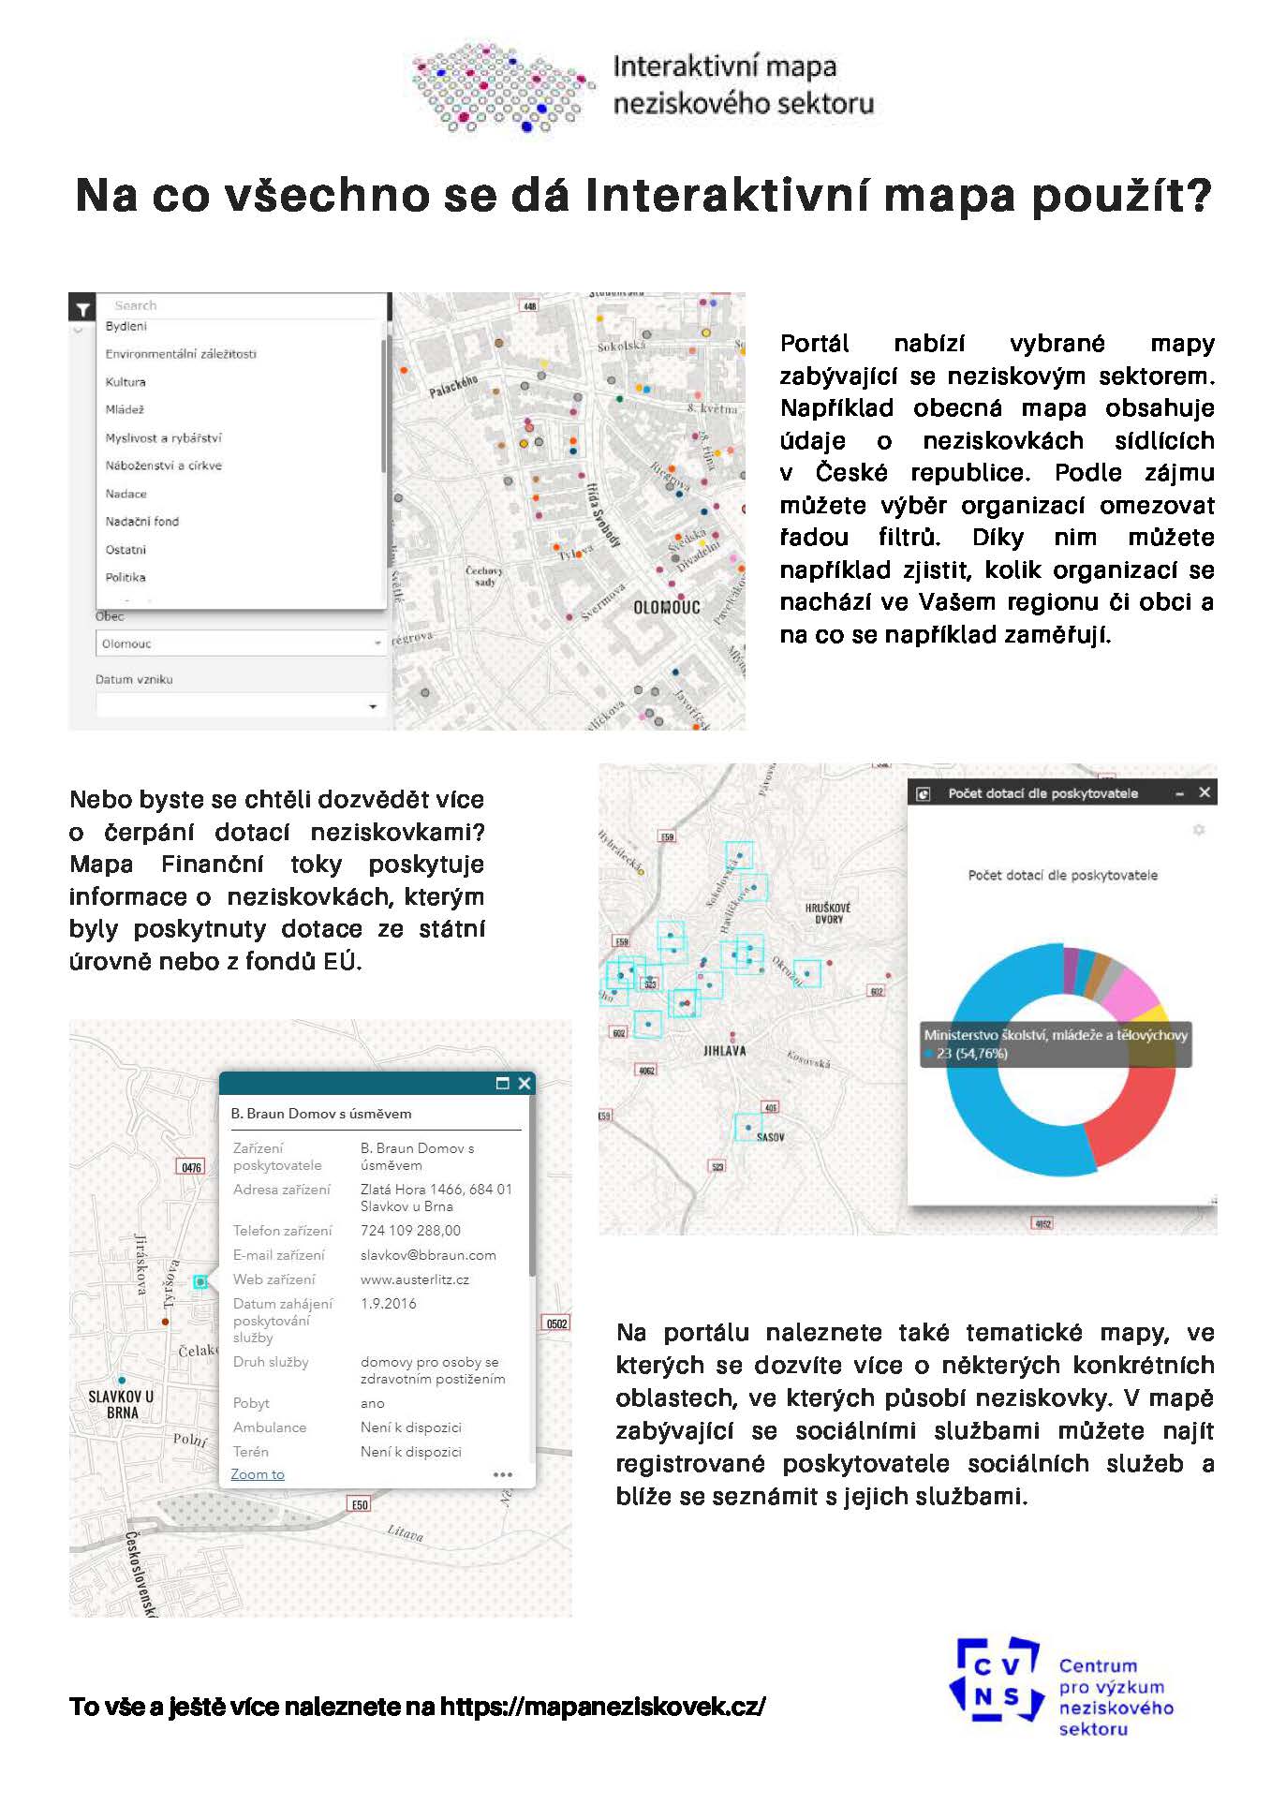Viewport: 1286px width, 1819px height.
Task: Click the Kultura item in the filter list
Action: coord(126,382)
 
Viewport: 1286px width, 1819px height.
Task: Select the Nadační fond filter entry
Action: coord(141,522)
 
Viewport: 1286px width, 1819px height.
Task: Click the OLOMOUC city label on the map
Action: coord(667,607)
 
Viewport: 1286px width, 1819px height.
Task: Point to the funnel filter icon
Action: coord(82,307)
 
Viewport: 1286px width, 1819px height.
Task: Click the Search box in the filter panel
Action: coord(244,305)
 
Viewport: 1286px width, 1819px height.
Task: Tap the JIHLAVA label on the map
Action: coord(725,1051)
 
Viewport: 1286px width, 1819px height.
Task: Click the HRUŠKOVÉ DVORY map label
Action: coord(828,913)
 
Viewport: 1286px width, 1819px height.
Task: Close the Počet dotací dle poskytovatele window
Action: coord(1205,793)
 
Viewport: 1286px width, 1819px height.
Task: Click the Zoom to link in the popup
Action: coord(258,1474)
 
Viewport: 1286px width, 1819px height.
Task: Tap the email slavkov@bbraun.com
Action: coord(428,1255)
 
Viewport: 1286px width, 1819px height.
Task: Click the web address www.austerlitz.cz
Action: coord(415,1279)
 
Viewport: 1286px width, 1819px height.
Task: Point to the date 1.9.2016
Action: coord(389,1304)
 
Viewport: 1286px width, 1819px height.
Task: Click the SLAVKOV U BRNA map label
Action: coord(121,1404)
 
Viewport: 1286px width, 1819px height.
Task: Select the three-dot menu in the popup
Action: coord(503,1474)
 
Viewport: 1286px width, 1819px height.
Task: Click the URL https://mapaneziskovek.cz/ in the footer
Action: coord(602,1707)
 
